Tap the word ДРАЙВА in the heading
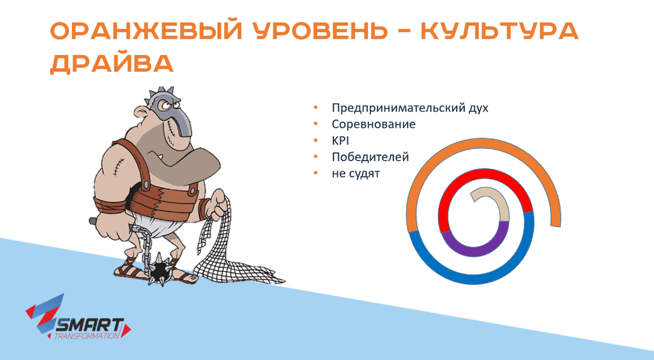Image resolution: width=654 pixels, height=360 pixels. tap(112, 64)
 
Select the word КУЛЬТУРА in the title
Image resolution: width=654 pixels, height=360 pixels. tap(500, 30)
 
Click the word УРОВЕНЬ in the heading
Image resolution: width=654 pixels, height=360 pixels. tap(320, 30)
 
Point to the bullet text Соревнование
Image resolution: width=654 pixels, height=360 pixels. tap(373, 124)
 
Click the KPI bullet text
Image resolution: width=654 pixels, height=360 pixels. tap(340, 141)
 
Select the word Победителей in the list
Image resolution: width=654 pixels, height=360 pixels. tap(370, 157)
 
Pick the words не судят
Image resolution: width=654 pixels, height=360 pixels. tap(355, 174)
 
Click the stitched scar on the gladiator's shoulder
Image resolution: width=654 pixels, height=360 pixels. tap(118, 167)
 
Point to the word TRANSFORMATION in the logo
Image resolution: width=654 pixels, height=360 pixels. tap(87, 336)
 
